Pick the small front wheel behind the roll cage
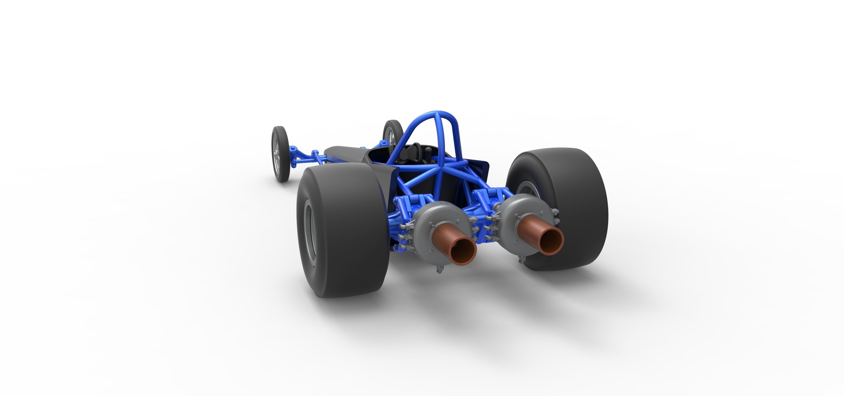coord(392,133)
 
